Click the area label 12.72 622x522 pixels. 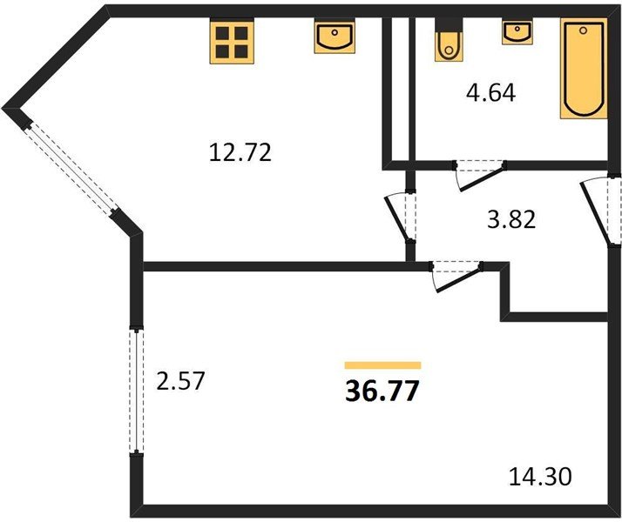point(241,154)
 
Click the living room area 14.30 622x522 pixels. point(540,477)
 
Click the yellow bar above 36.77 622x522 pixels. point(382,365)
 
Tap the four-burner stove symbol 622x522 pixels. point(231,41)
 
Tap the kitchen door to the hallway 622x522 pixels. point(402,216)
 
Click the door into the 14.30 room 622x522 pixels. point(456,274)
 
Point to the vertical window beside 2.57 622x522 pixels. point(136,389)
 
